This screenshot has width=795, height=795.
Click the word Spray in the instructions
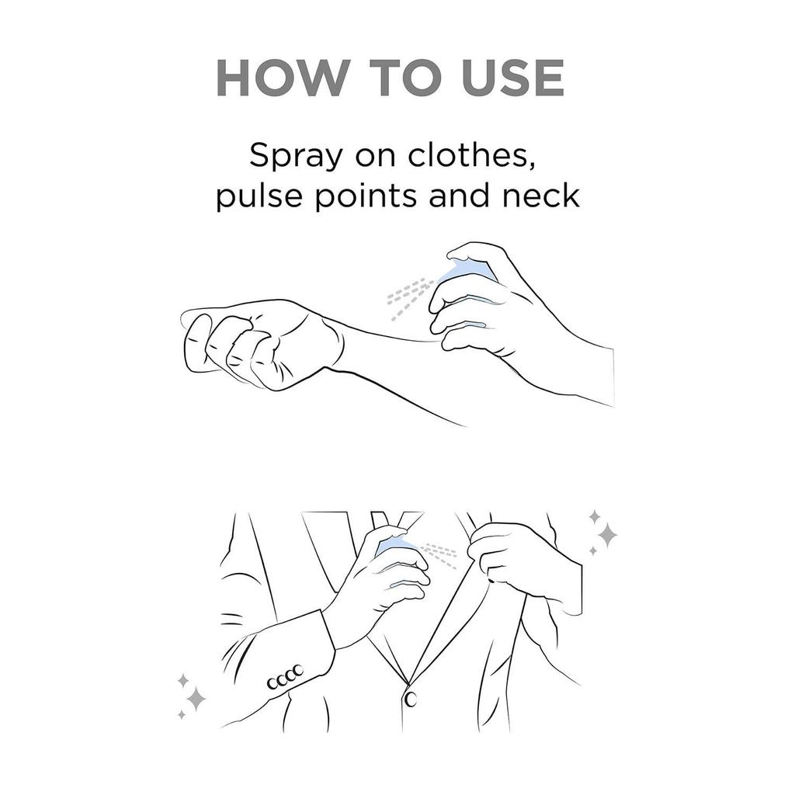point(296,156)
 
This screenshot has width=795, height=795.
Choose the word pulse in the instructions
point(259,196)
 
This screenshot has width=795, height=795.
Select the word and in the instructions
point(460,195)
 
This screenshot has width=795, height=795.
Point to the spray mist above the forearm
point(410,298)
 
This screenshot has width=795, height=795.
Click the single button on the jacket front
point(411,700)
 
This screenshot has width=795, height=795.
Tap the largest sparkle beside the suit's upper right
point(607,535)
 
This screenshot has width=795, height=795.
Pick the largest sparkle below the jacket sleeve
point(196,700)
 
